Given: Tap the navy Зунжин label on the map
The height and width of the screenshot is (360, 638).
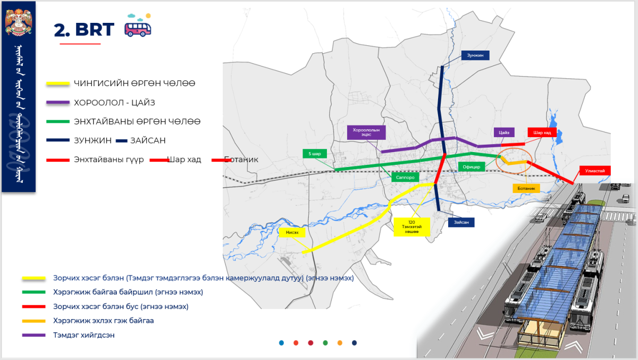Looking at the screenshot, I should pyautogui.click(x=475, y=55).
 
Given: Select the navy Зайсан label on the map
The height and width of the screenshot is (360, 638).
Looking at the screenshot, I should pyautogui.click(x=460, y=223).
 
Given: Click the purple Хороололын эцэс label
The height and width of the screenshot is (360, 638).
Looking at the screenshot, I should pyautogui.click(x=366, y=132).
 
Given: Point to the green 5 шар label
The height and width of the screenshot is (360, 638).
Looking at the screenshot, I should pyautogui.click(x=315, y=154).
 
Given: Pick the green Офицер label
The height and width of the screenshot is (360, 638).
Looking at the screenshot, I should pyautogui.click(x=471, y=166).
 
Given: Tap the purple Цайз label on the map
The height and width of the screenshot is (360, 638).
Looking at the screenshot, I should pyautogui.click(x=504, y=132).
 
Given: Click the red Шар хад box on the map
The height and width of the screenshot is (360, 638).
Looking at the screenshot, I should pyautogui.click(x=542, y=132).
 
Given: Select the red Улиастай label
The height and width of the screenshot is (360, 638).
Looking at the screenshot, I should pyautogui.click(x=595, y=171).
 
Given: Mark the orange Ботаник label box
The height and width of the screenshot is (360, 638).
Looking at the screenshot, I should pyautogui.click(x=526, y=188).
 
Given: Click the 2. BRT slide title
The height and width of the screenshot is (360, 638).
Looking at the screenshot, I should pyautogui.click(x=84, y=30).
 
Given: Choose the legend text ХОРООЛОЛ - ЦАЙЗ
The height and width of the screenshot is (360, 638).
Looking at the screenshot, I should pyautogui.click(x=114, y=103).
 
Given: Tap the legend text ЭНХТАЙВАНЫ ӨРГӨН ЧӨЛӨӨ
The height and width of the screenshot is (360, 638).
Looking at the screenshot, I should pyautogui.click(x=137, y=122).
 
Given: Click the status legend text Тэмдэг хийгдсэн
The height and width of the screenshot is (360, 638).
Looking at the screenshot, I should pyautogui.click(x=83, y=335).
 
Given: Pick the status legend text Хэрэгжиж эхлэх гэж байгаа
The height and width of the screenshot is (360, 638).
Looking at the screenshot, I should pyautogui.click(x=103, y=321).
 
